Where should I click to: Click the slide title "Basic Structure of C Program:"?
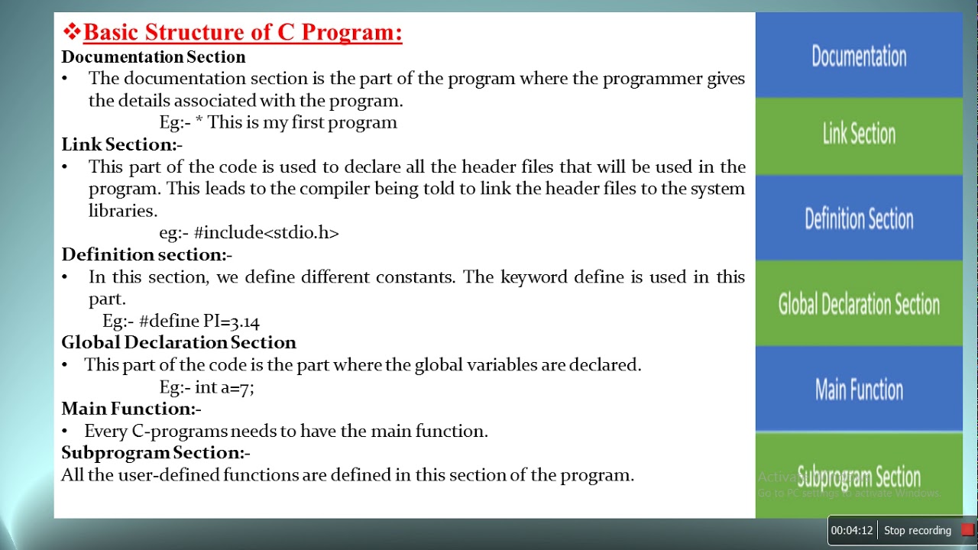click(242, 32)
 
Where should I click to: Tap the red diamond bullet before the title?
click(72, 31)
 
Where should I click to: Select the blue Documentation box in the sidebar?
click(859, 55)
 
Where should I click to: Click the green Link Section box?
click(859, 136)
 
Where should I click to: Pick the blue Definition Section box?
click(859, 218)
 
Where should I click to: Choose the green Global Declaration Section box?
click(859, 303)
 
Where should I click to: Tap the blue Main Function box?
click(859, 389)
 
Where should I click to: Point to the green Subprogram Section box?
click(859, 475)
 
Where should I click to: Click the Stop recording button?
click(918, 530)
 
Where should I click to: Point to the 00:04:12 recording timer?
click(852, 530)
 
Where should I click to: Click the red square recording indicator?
click(967, 530)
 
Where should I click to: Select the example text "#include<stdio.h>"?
click(267, 233)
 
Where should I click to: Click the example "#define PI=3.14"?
click(199, 322)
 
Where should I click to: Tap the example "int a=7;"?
click(225, 387)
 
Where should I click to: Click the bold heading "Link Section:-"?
click(121, 144)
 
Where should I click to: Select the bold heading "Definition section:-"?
click(147, 254)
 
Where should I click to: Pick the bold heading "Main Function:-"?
click(131, 409)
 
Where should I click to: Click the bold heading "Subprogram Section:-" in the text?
click(155, 453)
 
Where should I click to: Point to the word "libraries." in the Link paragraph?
click(123, 210)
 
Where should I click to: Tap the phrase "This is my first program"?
click(302, 123)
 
